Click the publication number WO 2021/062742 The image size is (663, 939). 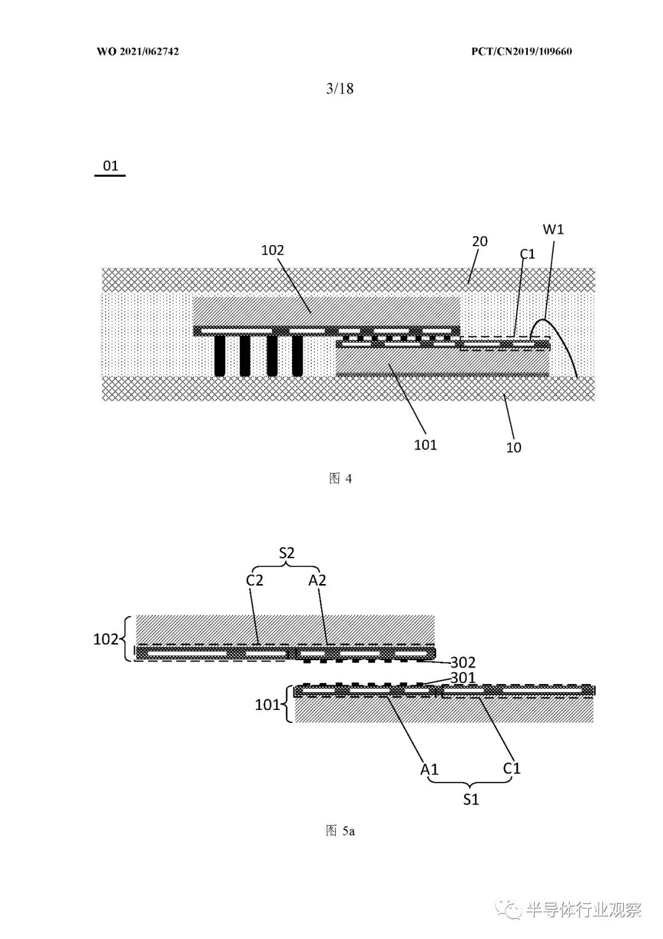(138, 52)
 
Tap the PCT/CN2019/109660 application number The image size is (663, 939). (521, 52)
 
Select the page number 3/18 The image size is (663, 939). (340, 88)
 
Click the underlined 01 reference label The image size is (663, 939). (110, 166)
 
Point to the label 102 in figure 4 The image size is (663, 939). (273, 250)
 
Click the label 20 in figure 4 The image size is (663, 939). (480, 241)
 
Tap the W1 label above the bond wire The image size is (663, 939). (553, 229)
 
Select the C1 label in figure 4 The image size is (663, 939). (527, 254)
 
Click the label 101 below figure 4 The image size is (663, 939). (425, 445)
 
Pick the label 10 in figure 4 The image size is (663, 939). (513, 447)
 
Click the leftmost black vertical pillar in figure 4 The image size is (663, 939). (219, 356)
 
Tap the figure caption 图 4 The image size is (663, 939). (340, 479)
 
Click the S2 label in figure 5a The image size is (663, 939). (287, 553)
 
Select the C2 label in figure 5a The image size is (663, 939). (255, 580)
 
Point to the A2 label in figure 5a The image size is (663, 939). (317, 580)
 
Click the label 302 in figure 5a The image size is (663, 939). (463, 662)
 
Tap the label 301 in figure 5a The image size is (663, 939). (463, 677)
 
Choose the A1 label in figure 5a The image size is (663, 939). (429, 769)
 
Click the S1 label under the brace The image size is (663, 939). (471, 800)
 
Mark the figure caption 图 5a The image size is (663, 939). (340, 831)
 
